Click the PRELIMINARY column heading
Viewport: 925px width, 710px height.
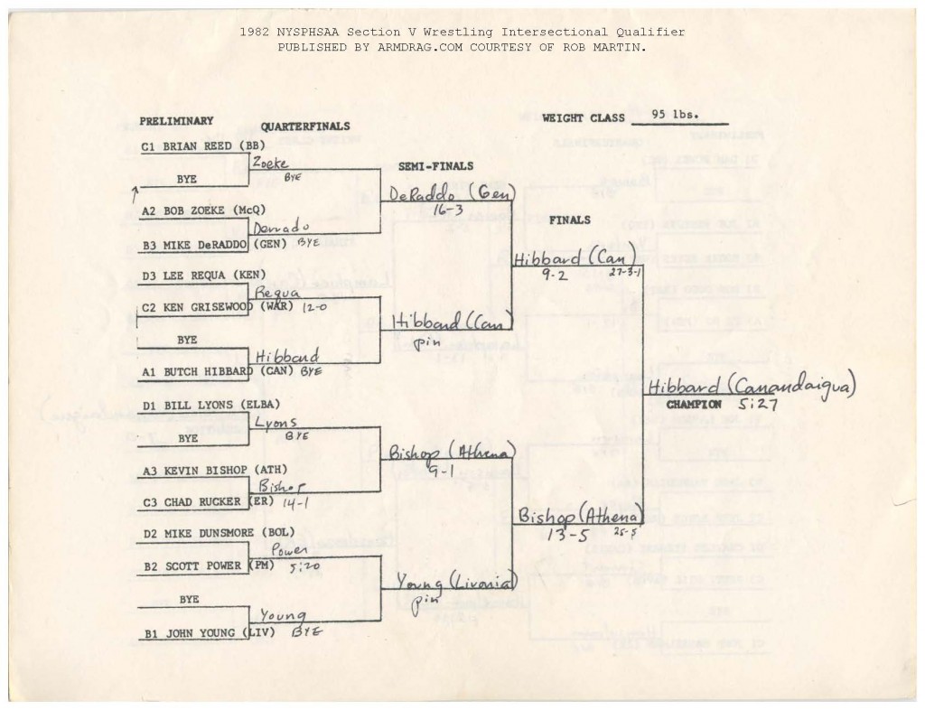[x=176, y=121]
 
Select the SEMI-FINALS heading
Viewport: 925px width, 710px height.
[x=436, y=166]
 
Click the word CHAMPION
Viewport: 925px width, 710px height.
[x=694, y=405]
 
